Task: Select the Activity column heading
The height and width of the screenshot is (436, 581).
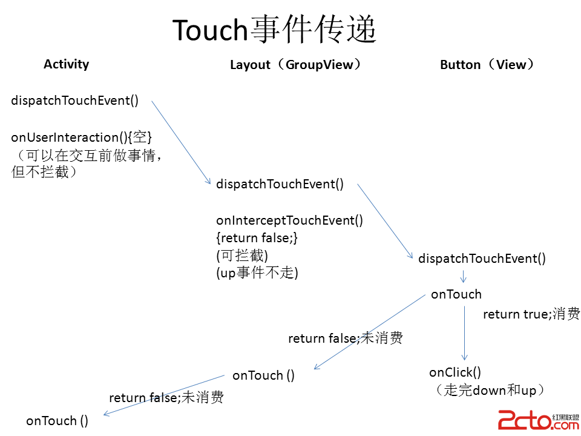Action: tap(66, 64)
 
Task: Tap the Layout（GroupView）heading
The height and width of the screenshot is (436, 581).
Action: tap(296, 65)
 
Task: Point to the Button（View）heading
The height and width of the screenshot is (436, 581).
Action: tap(488, 65)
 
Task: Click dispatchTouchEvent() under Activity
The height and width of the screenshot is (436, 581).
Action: tap(74, 101)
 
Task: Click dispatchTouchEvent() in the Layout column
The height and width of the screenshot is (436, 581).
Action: tap(280, 184)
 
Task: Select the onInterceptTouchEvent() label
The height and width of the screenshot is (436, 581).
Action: tap(289, 220)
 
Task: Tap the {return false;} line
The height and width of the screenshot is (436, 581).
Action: tap(257, 238)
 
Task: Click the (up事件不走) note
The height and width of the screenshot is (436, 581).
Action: tap(257, 273)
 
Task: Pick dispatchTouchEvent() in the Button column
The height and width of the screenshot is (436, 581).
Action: tap(482, 259)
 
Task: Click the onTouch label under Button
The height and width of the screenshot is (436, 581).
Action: tap(456, 295)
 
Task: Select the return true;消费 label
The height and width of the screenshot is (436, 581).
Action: tap(531, 314)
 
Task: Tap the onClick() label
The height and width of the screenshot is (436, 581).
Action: tap(455, 372)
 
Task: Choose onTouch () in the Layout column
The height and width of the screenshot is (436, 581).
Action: tap(263, 375)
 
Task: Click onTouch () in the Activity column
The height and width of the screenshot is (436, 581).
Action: tap(57, 421)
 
